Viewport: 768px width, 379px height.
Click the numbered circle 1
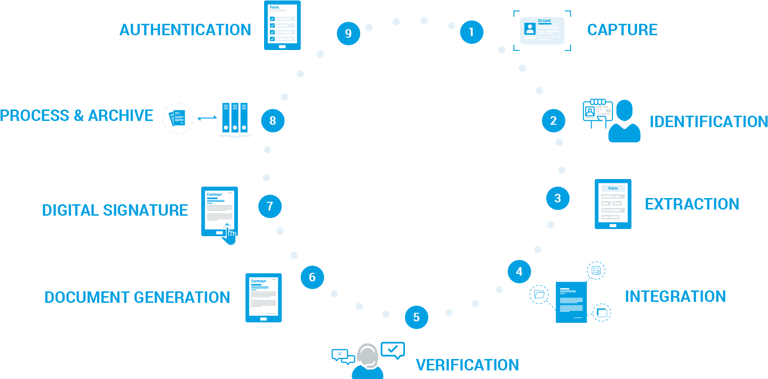pyautogui.click(x=472, y=32)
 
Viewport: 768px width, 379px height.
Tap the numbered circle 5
pyautogui.click(x=416, y=317)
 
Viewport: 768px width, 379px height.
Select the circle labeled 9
pyautogui.click(x=348, y=33)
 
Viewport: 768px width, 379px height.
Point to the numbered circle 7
pyautogui.click(x=270, y=206)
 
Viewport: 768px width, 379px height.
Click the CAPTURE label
pyautogui.click(x=622, y=30)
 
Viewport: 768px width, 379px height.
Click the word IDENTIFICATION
pyautogui.click(x=709, y=122)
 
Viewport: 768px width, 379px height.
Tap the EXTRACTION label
pyautogui.click(x=692, y=204)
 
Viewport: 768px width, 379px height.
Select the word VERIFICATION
pyautogui.click(x=467, y=365)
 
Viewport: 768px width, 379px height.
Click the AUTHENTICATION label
pyautogui.click(x=185, y=30)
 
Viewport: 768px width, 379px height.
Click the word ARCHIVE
pyautogui.click(x=120, y=116)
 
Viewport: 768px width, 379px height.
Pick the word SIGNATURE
pyautogui.click(x=145, y=210)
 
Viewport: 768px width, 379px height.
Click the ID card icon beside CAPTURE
pyautogui.click(x=542, y=31)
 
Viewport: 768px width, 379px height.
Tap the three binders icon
pyautogui.click(x=235, y=119)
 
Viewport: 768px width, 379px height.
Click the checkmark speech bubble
pyautogui.click(x=393, y=350)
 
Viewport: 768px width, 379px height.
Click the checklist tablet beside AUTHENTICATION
pyautogui.click(x=282, y=25)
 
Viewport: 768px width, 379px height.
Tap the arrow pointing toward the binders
pyautogui.click(x=207, y=118)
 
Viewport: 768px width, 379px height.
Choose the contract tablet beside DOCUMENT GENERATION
pyautogui.click(x=263, y=298)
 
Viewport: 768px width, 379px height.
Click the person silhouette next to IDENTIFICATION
pyautogui.click(x=624, y=122)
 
